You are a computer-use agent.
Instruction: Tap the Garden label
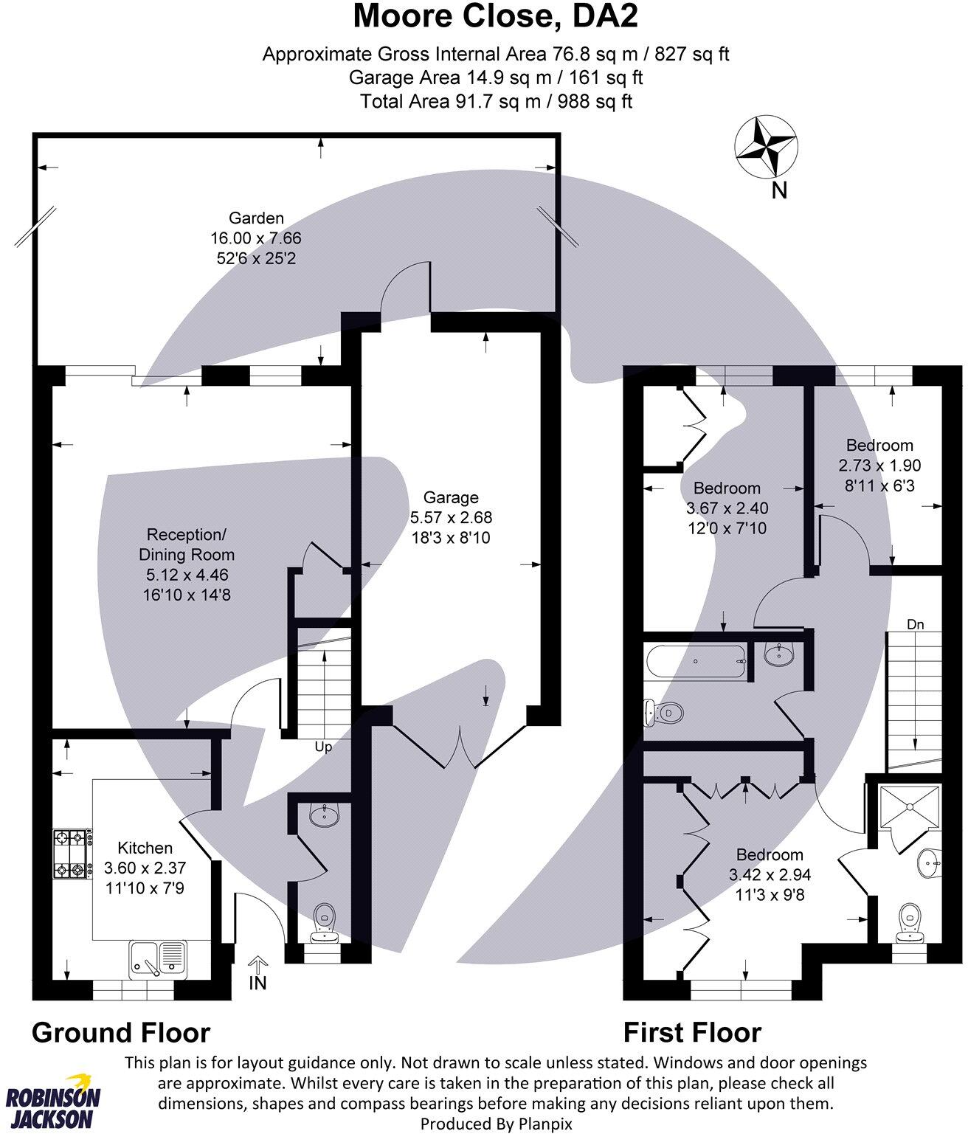256,218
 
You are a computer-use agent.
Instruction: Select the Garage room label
451,497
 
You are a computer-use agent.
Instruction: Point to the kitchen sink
157,958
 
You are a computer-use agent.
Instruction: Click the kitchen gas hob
72,854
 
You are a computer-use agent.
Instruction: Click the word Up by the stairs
323,747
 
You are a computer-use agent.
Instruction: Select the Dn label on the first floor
915,624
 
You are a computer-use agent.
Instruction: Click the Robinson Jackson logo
53,1102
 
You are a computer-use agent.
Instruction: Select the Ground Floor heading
121,1032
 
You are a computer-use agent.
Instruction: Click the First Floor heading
692,1032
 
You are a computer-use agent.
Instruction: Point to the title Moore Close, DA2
495,16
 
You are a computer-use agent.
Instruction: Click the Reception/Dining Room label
186,544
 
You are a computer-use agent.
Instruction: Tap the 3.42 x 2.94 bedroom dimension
770,875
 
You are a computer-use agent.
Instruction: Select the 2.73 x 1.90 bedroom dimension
879,466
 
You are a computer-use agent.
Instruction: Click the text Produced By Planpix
496,1124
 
